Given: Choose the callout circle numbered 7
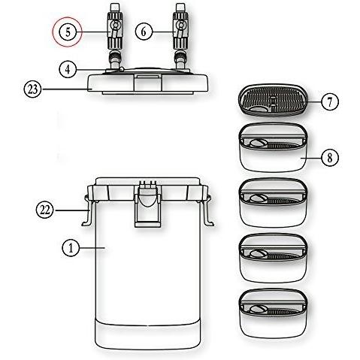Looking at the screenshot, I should (x=328, y=101).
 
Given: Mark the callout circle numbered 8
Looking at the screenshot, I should (x=328, y=159).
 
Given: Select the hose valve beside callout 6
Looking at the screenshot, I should (x=182, y=30).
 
